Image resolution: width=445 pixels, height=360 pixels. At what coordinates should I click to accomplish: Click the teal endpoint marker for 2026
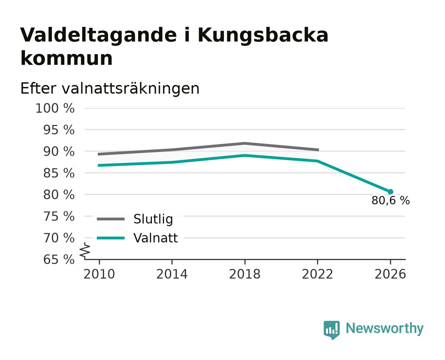390,192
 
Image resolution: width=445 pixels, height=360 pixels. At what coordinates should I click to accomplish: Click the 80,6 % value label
390,200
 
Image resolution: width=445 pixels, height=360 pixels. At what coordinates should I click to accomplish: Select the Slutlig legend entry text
153,219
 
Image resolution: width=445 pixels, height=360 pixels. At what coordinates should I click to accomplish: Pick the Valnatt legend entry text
156,238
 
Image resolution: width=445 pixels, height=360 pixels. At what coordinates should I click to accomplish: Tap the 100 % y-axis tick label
55,108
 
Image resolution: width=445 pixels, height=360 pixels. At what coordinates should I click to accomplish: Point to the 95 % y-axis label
59,130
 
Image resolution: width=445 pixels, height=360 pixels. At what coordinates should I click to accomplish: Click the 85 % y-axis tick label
59,173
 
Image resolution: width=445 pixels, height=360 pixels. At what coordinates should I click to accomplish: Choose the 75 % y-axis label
59,216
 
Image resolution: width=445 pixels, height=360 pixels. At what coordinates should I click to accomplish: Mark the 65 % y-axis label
59,259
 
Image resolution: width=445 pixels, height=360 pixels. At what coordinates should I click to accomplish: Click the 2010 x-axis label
99,274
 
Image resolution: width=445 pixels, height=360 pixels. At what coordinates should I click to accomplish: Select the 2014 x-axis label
172,274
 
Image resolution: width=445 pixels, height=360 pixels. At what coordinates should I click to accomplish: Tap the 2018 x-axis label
245,274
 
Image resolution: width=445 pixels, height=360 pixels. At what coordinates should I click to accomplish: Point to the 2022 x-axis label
317,274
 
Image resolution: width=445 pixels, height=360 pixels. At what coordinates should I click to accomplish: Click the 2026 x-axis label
390,274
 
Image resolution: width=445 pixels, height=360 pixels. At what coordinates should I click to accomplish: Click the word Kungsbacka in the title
263,36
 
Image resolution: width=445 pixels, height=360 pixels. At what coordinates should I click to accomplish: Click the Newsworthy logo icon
332,330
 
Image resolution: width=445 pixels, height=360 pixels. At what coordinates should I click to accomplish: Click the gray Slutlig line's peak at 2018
245,143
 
